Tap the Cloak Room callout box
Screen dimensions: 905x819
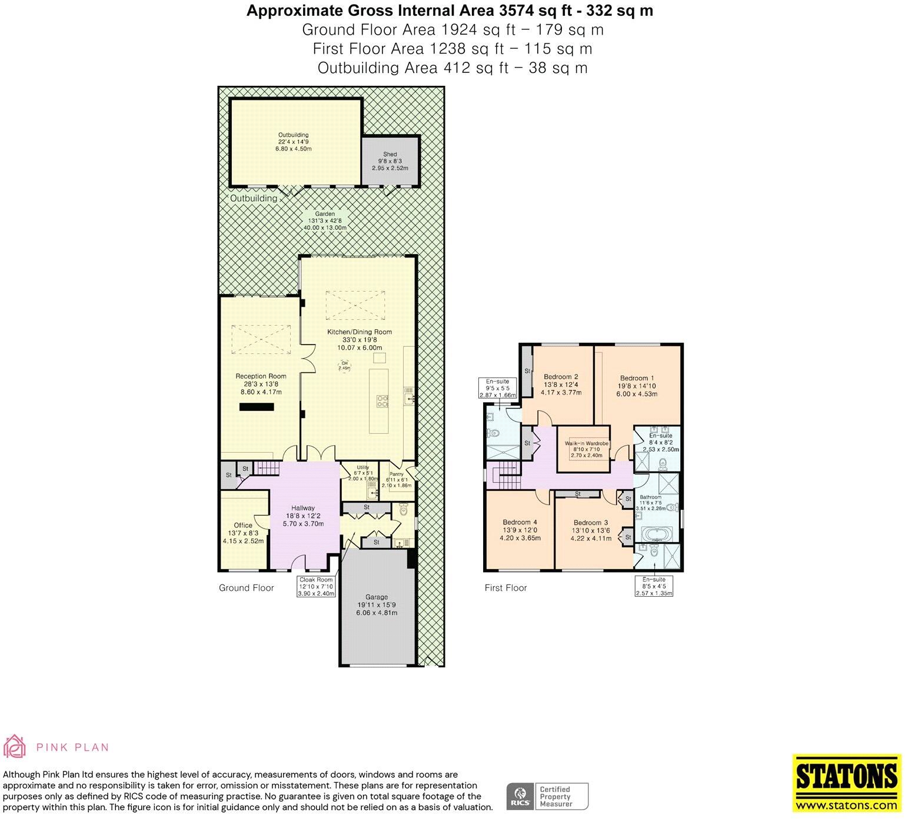316,587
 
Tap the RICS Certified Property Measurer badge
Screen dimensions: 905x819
548,797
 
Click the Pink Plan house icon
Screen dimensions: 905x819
15,746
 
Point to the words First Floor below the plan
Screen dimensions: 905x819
506,587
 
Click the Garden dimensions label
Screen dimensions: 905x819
325,220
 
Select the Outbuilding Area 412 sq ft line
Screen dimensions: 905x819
453,68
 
